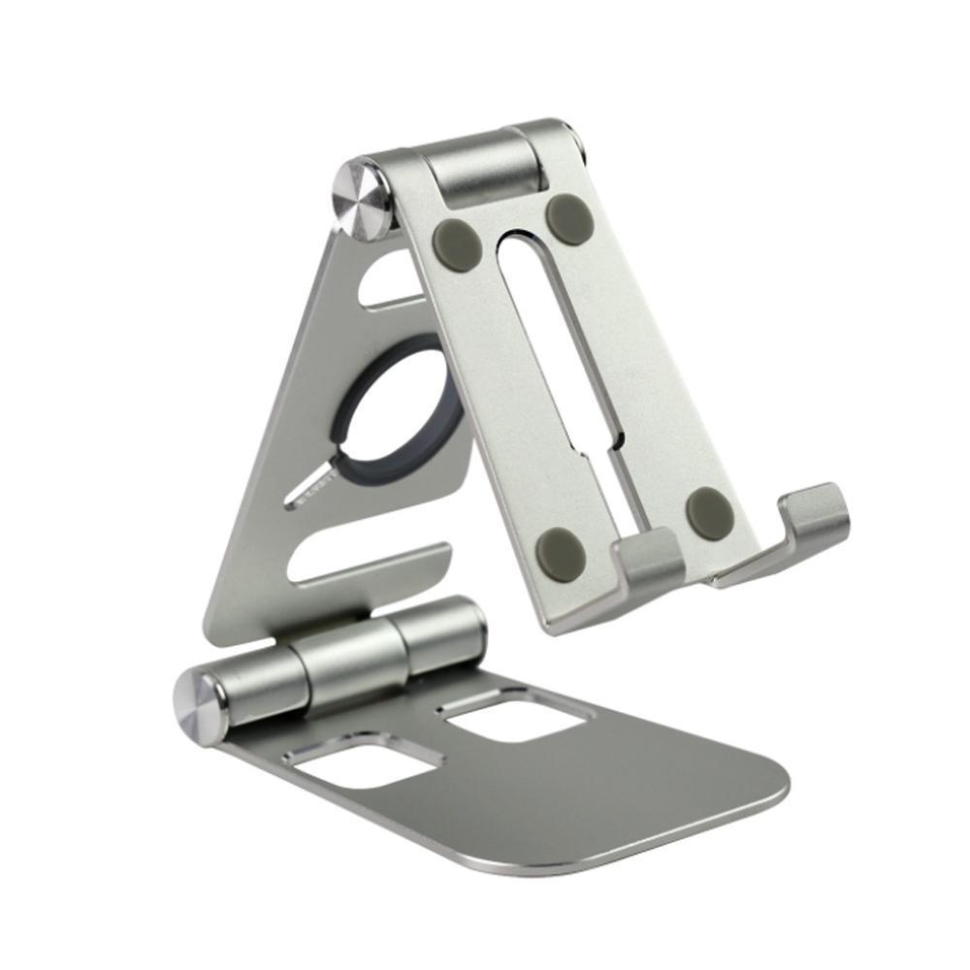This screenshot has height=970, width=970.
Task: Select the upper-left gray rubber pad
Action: (x=459, y=244)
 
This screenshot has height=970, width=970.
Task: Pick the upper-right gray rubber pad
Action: (x=569, y=219)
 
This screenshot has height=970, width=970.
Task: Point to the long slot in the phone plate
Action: (x=543, y=320)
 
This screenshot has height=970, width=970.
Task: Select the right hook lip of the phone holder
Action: (x=815, y=514)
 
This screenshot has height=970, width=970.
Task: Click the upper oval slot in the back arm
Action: (x=388, y=281)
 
